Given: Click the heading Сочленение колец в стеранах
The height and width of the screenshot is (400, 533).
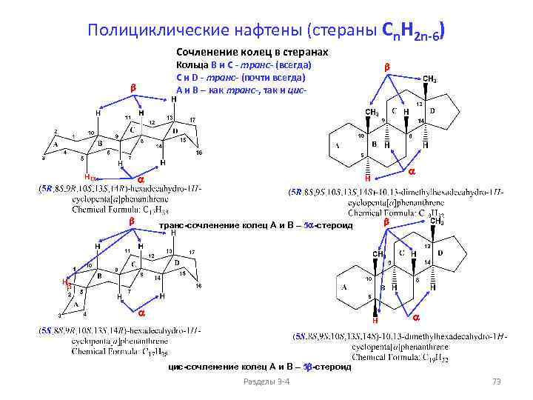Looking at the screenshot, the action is [x=252, y=53].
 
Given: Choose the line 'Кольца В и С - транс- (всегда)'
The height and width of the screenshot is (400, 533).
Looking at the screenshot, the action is [x=238, y=66].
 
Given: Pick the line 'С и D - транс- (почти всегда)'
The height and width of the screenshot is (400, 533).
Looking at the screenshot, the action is [x=241, y=79].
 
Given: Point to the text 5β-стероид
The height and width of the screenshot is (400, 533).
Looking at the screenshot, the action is [x=327, y=366].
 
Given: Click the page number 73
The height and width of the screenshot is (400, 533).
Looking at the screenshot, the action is [x=497, y=381].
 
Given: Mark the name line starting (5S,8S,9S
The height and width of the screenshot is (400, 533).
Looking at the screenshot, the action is [x=400, y=336].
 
